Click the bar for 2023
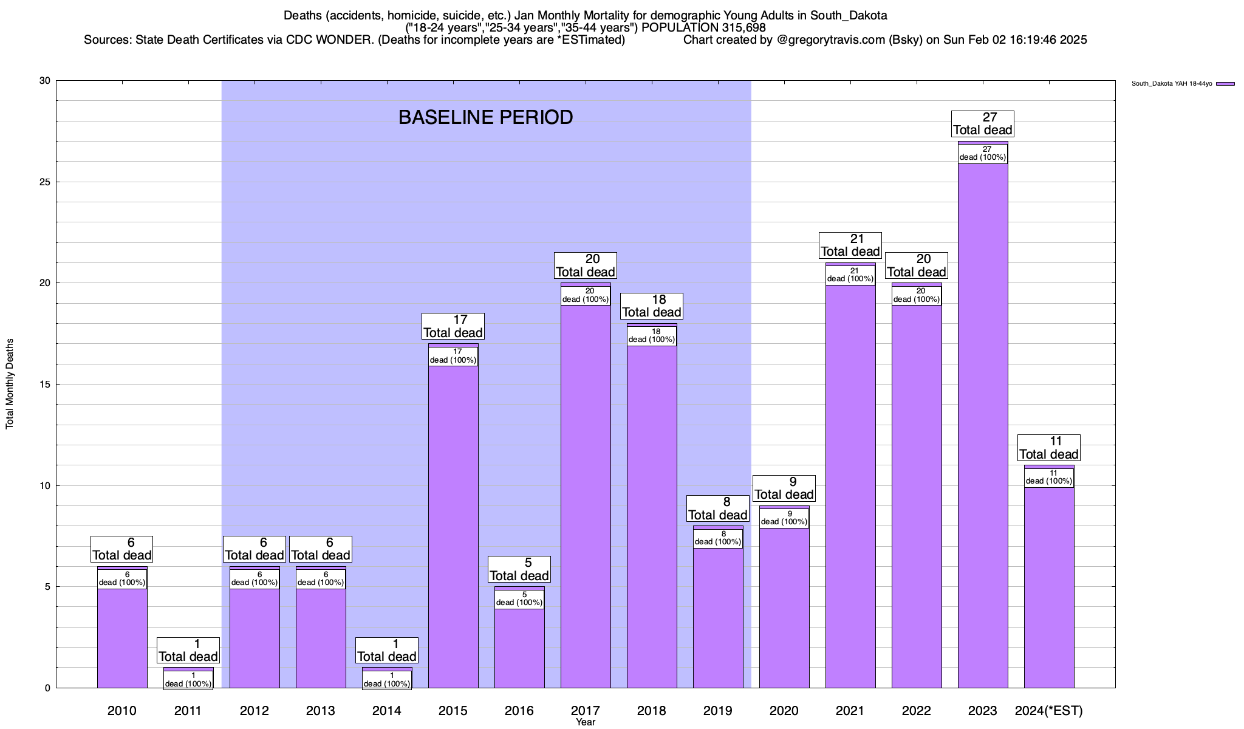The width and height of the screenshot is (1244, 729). pyautogui.click(x=983, y=425)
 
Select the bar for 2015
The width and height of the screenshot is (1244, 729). pyautogui.click(x=453, y=529)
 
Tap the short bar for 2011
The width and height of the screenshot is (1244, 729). pyautogui.click(x=188, y=669)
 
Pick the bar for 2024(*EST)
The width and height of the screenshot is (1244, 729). pyautogui.click(x=1049, y=589)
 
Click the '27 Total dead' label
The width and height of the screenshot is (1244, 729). pyautogui.click(x=983, y=124)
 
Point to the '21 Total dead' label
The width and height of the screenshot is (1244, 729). pyautogui.click(x=850, y=245)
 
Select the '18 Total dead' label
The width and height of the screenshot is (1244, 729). pyautogui.click(x=652, y=306)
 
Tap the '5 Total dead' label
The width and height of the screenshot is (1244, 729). pyautogui.click(x=519, y=569)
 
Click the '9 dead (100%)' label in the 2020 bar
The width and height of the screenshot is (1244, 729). pyautogui.click(x=784, y=518)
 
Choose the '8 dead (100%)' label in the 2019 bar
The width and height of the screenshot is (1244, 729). pyautogui.click(x=718, y=538)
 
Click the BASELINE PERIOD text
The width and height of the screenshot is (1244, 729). pyautogui.click(x=485, y=117)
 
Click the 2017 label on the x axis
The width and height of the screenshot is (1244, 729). pyautogui.click(x=586, y=710)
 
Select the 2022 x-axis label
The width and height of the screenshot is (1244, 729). pyautogui.click(x=917, y=710)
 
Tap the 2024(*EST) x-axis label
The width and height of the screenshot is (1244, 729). pyautogui.click(x=1049, y=710)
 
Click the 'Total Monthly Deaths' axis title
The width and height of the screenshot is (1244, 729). pyautogui.click(x=10, y=384)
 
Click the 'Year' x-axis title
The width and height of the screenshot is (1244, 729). pyautogui.click(x=586, y=722)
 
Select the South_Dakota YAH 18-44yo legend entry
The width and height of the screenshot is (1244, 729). pyautogui.click(x=1172, y=84)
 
